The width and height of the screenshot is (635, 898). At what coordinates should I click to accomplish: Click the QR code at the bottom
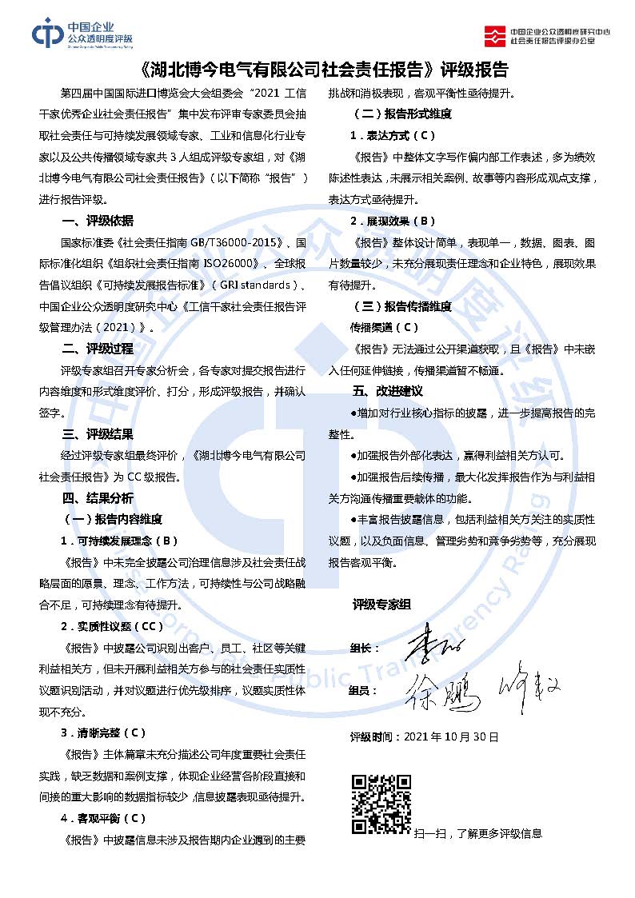click(x=381, y=804)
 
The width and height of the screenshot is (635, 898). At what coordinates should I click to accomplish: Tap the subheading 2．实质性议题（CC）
click(x=112, y=626)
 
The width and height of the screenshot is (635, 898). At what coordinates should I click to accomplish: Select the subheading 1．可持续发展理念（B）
click(x=119, y=541)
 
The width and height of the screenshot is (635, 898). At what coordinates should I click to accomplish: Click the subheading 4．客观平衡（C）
click(x=103, y=818)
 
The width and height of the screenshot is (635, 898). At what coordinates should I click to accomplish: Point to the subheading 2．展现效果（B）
click(x=393, y=221)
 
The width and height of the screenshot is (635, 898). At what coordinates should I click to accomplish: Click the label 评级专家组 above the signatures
click(x=381, y=605)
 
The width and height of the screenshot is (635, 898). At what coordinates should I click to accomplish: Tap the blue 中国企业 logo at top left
click(x=82, y=33)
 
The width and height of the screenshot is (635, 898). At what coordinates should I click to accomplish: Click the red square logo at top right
click(x=497, y=35)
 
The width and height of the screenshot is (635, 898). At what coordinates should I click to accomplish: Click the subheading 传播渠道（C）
click(x=384, y=327)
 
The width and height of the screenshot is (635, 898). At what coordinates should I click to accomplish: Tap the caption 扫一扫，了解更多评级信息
click(x=477, y=833)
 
